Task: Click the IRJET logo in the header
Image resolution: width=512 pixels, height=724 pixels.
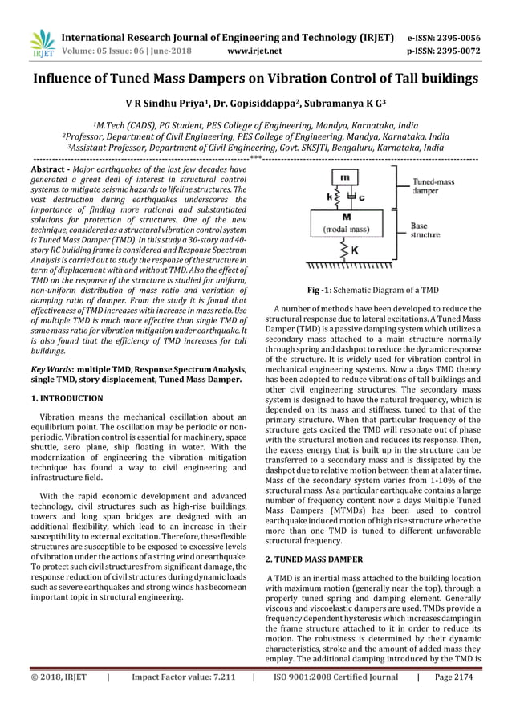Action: pyautogui.click(x=38, y=43)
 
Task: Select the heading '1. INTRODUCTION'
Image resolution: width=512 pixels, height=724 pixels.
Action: pyautogui.click(x=67, y=398)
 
